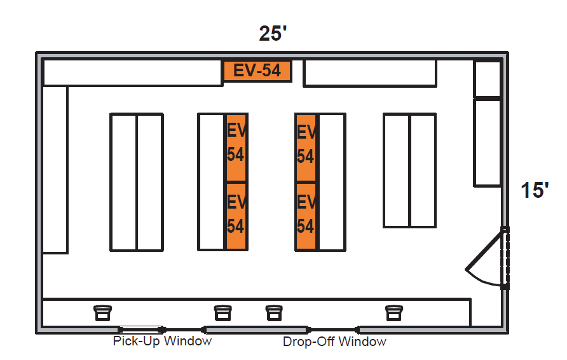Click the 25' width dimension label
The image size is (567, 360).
273,33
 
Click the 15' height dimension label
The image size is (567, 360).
535,190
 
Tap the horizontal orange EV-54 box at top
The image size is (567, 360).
257,71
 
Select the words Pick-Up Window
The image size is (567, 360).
162,342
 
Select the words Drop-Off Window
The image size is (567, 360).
334,342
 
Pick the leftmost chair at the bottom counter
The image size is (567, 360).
102,312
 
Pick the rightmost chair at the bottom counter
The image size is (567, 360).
394,312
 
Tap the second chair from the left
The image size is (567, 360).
222,312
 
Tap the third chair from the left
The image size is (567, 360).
273,312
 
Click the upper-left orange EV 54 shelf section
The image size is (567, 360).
236,148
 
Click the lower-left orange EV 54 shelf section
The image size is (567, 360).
236,216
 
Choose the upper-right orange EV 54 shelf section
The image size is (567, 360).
306,148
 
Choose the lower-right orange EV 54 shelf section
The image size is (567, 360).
306,216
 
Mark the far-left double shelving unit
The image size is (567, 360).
137,182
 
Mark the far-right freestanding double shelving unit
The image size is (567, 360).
409,170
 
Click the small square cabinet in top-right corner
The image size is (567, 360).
488,79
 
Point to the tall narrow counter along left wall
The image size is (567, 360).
55,169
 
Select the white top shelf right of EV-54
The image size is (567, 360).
369,73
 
